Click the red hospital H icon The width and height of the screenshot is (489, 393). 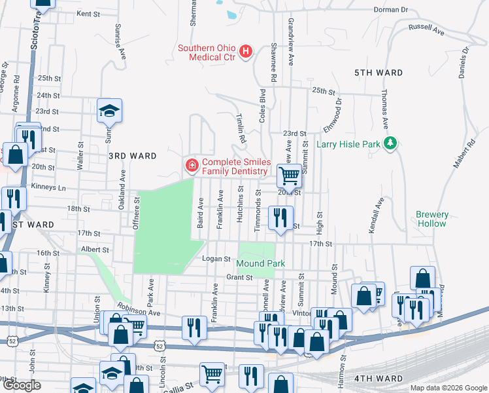tap(246, 51)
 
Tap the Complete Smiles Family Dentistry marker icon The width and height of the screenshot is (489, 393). tap(192, 164)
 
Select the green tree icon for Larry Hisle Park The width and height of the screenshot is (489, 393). tap(390, 142)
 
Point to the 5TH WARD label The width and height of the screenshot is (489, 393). tap(379, 73)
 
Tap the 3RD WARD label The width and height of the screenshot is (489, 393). tap(132, 156)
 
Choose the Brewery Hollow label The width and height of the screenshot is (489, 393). tap(431, 219)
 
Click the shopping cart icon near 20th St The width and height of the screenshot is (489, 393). tap(290, 175)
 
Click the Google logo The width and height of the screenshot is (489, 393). tap(22, 385)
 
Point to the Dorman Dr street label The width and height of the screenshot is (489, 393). tap(390, 10)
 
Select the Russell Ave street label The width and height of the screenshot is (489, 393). tap(426, 29)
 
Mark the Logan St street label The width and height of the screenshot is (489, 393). tap(219, 259)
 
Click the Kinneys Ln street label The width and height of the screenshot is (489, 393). tap(53, 187)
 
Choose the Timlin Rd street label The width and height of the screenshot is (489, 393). tap(240, 127)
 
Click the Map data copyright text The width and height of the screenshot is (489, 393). tap(448, 388)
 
